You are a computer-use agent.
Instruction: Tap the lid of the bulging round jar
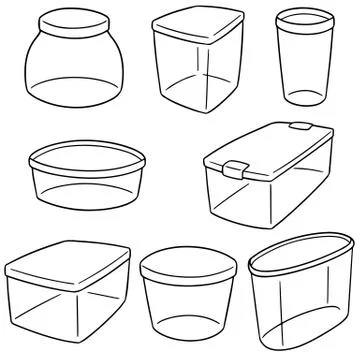click(x=73, y=22)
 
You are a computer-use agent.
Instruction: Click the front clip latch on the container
click(x=236, y=167)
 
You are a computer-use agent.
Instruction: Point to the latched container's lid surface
click(x=275, y=147)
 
